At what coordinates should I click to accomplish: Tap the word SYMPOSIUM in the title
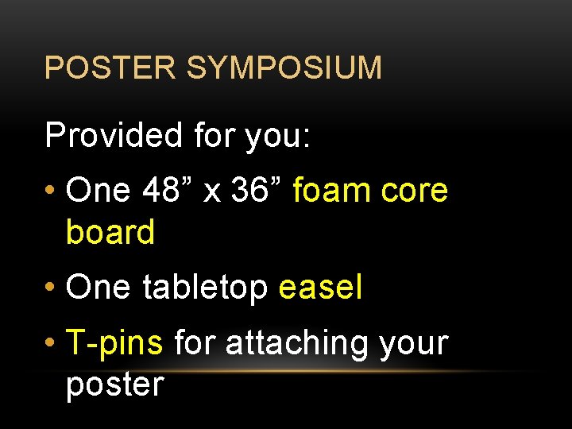pyautogui.click(x=284, y=68)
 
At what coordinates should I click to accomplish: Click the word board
pyautogui.click(x=110, y=232)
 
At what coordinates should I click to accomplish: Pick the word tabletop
pyautogui.click(x=204, y=288)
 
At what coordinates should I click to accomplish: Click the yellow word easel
pyautogui.click(x=320, y=287)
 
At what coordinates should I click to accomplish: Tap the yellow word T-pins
pyautogui.click(x=115, y=343)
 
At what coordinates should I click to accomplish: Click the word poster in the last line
pyautogui.click(x=114, y=385)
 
